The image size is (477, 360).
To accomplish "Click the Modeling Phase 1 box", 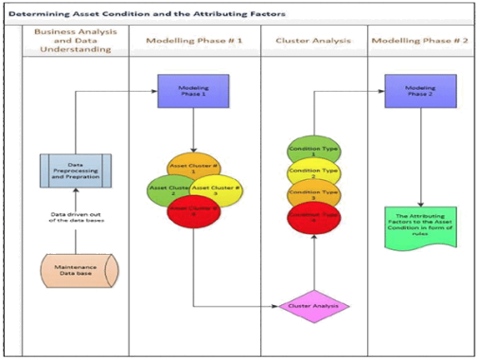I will coord(194,92).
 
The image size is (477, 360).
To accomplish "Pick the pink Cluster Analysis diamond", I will coord(312,306).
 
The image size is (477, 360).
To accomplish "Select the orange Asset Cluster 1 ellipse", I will coord(194,169).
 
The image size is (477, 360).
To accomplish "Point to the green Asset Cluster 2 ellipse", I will coord(167,189).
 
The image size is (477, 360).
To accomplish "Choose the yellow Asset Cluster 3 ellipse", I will coord(223,189).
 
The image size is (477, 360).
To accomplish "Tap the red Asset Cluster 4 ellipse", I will coord(194,212).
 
